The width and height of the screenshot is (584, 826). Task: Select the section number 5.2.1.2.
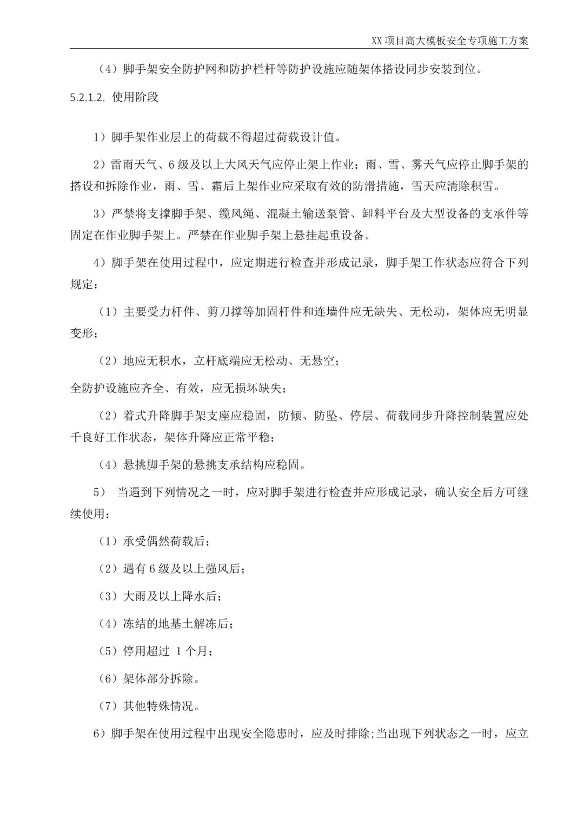89,97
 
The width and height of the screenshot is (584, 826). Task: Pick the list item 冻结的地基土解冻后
177,624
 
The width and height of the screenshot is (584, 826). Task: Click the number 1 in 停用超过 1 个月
178,651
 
